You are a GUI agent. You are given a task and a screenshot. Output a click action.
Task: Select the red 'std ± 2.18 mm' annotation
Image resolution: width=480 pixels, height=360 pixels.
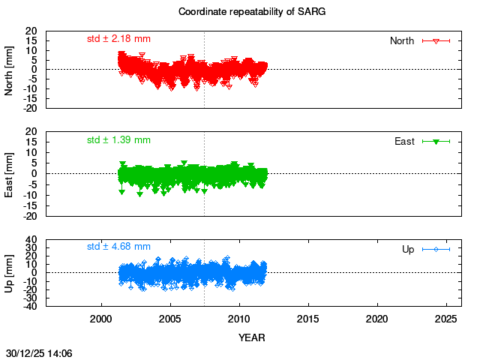tap(118, 38)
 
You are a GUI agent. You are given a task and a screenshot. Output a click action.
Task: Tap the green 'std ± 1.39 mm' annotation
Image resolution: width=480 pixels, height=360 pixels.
tap(118, 139)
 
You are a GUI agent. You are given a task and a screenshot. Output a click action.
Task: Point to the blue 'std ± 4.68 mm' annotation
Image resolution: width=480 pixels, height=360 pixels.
tap(118, 246)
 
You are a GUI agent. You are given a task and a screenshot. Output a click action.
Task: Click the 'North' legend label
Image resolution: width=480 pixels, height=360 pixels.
tap(402, 40)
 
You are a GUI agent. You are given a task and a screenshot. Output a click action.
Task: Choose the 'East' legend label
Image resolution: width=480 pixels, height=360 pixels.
tap(404, 141)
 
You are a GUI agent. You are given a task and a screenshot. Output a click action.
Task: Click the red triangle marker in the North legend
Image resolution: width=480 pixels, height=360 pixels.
tap(436, 40)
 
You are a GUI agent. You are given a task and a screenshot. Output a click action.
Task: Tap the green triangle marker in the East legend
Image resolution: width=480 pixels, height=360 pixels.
tap(436, 141)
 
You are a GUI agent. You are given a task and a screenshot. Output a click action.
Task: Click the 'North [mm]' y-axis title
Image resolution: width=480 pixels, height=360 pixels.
tap(10, 70)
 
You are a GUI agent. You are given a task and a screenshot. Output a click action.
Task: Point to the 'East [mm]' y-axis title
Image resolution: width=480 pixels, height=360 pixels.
tap(10, 174)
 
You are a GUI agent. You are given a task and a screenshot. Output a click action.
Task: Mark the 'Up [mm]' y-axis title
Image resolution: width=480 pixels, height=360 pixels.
tap(10, 272)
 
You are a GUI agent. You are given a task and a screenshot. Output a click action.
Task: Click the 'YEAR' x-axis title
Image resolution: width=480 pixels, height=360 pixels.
tap(252, 337)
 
